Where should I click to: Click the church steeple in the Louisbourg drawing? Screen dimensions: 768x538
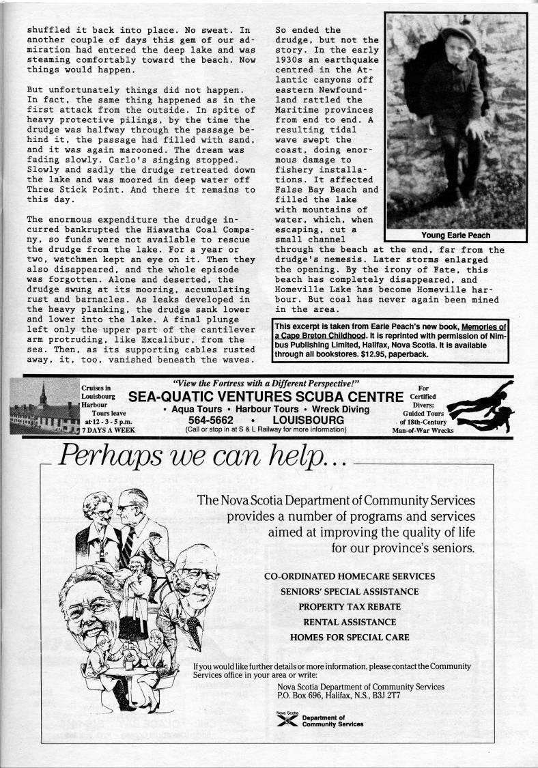tap(43, 394)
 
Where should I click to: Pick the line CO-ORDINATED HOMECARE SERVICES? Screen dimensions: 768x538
tap(349, 576)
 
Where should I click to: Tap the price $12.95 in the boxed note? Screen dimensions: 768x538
tap(386, 354)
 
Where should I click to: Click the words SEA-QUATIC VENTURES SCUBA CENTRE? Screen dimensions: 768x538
tap(266, 397)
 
